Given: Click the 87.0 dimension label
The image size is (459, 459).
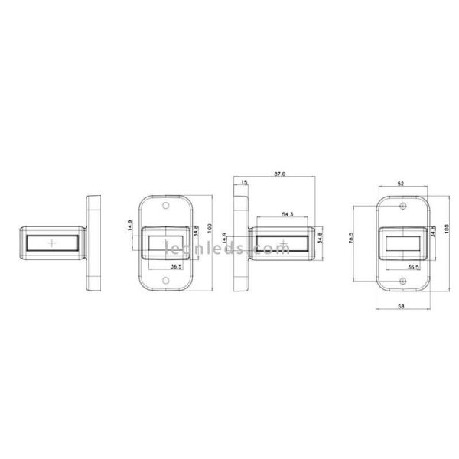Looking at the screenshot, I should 279,174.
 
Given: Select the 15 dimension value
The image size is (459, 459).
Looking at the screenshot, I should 243,183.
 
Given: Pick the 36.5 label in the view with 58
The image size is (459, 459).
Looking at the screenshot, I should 414,267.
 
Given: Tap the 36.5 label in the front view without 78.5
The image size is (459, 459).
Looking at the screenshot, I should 175,267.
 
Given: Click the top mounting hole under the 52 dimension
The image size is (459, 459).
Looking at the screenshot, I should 402,207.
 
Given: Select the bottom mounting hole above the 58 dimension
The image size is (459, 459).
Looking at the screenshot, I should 402,282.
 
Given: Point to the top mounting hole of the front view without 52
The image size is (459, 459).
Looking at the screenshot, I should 166,207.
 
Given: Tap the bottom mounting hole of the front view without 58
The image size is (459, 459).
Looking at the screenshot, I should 166,282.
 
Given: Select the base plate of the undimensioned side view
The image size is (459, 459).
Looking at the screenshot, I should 95,245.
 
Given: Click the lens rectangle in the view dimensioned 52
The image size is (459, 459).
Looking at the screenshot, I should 402,245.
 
